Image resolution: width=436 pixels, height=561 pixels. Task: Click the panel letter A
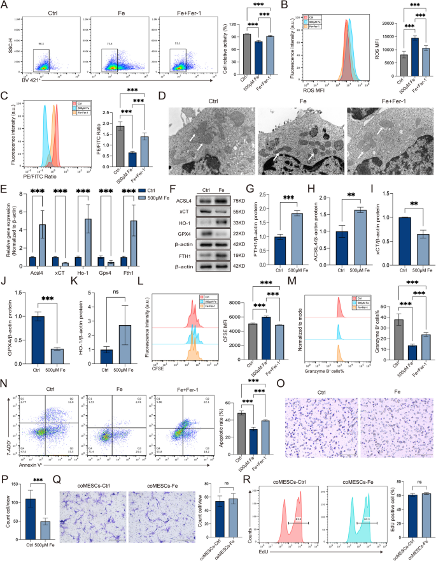(6, 6)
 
